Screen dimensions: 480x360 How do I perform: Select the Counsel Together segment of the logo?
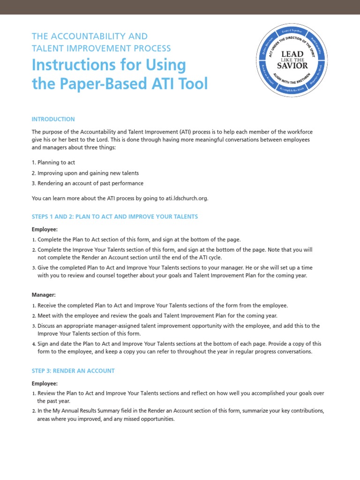(292, 31)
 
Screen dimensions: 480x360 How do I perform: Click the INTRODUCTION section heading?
(53, 119)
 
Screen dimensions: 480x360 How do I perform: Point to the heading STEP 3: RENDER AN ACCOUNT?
(73, 370)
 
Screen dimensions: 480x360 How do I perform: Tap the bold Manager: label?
(44, 295)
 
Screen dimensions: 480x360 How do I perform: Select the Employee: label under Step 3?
(45, 383)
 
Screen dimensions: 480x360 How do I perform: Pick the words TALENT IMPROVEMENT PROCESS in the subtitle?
(101, 48)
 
